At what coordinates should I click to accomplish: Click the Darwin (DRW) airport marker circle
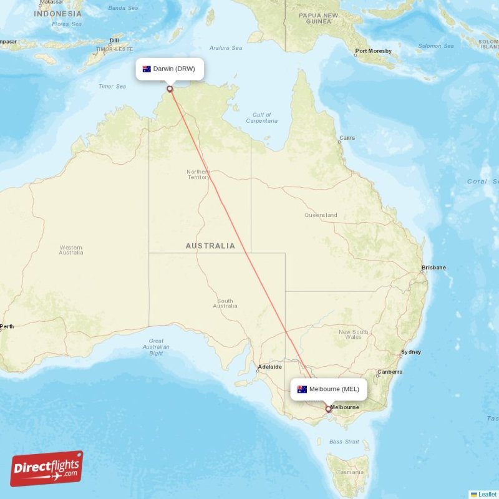click(x=169, y=89)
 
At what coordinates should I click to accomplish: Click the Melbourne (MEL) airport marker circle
click(x=329, y=410)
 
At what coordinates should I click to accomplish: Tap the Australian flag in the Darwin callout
click(x=147, y=69)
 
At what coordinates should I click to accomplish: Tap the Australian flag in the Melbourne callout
click(x=303, y=389)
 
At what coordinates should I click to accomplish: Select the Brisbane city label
click(x=434, y=268)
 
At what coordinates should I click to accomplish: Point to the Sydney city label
click(x=411, y=352)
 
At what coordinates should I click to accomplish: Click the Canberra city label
click(x=390, y=372)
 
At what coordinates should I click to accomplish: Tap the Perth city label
click(x=7, y=326)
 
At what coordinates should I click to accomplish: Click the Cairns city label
click(x=347, y=138)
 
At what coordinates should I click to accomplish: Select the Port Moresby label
click(x=373, y=51)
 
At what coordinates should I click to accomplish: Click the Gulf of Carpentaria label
click(x=262, y=118)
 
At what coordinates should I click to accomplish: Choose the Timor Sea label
click(x=112, y=86)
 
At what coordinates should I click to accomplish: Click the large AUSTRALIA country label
click(x=210, y=246)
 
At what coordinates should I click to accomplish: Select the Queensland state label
click(x=321, y=215)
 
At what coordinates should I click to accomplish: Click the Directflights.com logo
click(x=47, y=468)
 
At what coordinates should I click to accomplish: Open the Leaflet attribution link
click(x=487, y=494)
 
